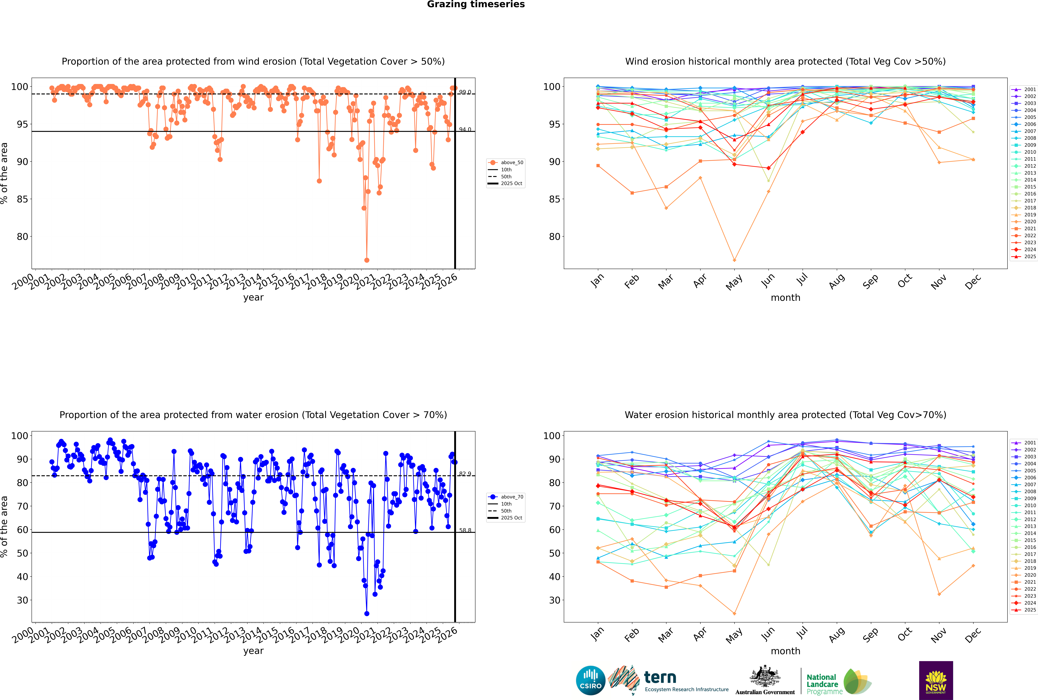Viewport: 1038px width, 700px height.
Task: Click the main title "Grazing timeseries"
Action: (x=476, y=4)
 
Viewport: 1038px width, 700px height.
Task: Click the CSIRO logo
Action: (x=590, y=680)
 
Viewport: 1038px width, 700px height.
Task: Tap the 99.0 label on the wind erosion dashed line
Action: (x=465, y=92)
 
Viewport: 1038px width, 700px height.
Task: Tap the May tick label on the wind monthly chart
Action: (x=734, y=282)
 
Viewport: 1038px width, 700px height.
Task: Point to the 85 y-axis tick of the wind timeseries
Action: (x=22, y=199)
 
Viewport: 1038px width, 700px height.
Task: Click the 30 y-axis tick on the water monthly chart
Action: (x=555, y=600)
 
